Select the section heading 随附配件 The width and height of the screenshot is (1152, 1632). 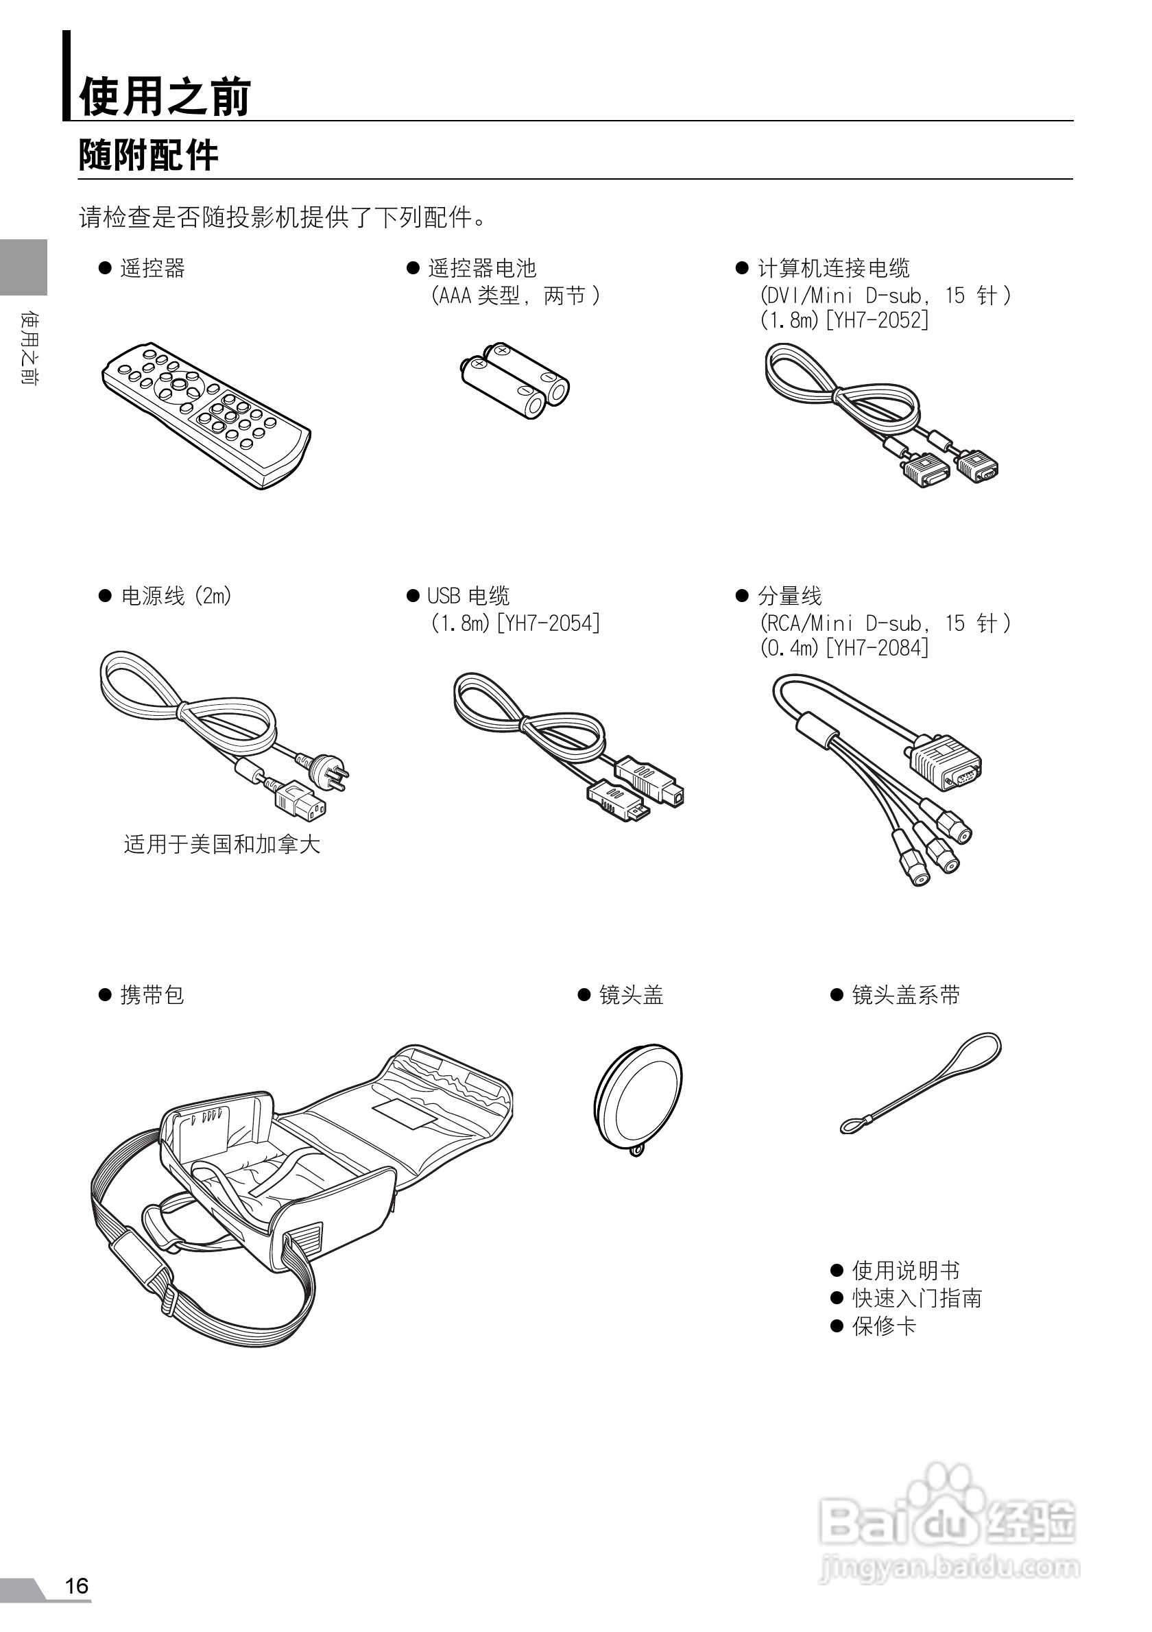coord(148,155)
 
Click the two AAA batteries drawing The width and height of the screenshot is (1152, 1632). coord(515,380)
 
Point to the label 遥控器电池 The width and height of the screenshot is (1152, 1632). coord(482,268)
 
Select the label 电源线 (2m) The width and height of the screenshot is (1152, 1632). coord(176,596)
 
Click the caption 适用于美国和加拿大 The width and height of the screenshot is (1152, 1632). coord(221,844)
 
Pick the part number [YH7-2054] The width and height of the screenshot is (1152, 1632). coord(548,623)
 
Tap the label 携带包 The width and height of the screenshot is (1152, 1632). coord(152,995)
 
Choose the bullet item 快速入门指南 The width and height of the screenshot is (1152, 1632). coord(916,1299)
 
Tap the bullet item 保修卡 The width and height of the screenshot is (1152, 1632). coord(883,1326)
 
